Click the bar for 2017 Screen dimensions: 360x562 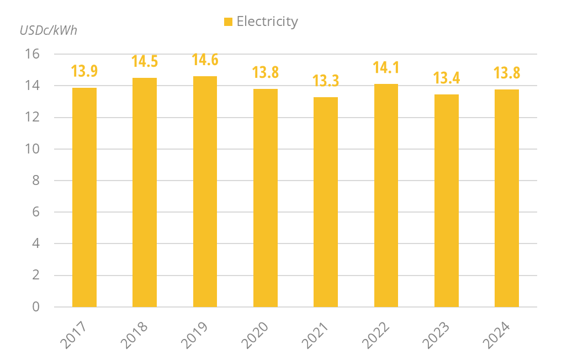click(x=84, y=197)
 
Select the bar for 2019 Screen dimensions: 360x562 click(x=205, y=191)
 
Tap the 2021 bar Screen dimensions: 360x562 click(x=326, y=202)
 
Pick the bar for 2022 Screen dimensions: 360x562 click(x=386, y=195)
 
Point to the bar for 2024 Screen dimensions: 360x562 click(x=506, y=198)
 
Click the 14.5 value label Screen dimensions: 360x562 click(x=145, y=61)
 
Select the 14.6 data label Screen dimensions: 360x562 click(x=205, y=60)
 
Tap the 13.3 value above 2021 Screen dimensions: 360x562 click(x=326, y=81)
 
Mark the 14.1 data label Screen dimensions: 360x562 click(x=386, y=68)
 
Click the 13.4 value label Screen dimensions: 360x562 click(x=447, y=78)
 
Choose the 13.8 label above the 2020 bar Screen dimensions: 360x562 click(x=266, y=72)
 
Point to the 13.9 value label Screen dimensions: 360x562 click(x=84, y=71)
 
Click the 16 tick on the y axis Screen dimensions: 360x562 click(x=33, y=54)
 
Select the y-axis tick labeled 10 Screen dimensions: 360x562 click(x=33, y=149)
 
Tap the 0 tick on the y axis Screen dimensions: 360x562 click(x=36, y=307)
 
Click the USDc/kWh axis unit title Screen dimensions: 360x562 click(x=49, y=30)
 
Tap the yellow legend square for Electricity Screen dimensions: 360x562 click(x=228, y=22)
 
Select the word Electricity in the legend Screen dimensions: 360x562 click(x=267, y=22)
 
